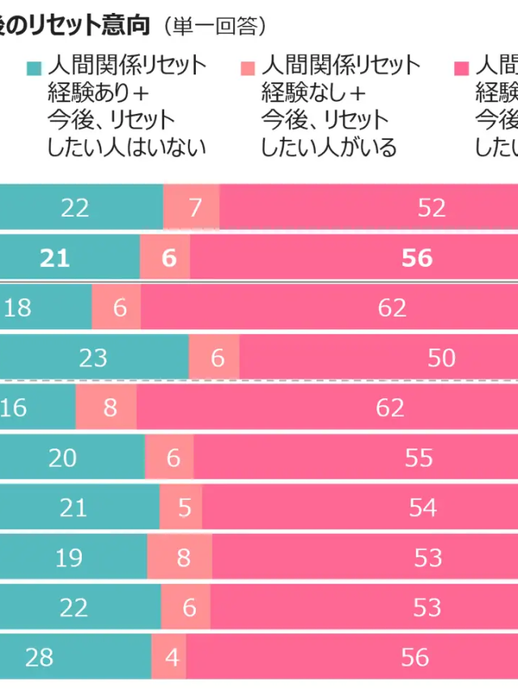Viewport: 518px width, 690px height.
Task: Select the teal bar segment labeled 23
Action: pos(94,358)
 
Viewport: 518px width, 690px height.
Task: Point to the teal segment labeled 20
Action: pos(72,458)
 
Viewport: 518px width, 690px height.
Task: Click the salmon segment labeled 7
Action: pos(192,208)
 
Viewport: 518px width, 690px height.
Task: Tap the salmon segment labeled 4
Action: pos(169,657)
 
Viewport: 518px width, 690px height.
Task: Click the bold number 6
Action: pos(168,258)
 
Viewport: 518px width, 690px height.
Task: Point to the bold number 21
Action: pos(55,258)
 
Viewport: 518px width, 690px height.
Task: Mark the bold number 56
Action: pos(417,258)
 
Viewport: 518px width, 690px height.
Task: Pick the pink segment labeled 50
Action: pos(378,358)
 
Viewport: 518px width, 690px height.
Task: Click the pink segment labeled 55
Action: pos(356,458)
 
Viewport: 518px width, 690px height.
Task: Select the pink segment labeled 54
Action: pos(360,508)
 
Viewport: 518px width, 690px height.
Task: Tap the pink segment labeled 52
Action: pos(368,208)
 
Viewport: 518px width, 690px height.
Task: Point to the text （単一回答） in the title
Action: pos(214,26)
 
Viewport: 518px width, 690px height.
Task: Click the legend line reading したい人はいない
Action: pos(127,148)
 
